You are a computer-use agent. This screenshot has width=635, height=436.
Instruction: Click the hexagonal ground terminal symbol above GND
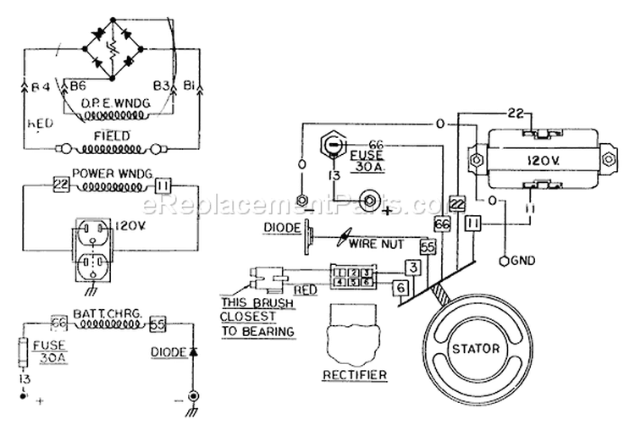(505, 259)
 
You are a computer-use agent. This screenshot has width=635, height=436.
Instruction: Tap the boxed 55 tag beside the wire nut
(428, 246)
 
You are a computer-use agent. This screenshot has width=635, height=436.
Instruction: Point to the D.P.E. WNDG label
(110, 104)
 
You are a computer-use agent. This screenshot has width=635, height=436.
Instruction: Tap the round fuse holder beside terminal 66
(335, 146)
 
